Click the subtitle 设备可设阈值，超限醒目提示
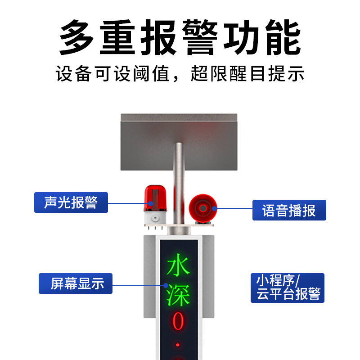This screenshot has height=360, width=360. point(180,73)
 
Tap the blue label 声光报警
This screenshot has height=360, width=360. point(71,202)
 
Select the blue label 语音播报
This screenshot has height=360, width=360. point(289,210)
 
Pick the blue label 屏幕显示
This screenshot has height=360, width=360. point(75,283)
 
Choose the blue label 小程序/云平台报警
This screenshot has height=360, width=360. point(288,288)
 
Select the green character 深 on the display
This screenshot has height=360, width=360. point(179,294)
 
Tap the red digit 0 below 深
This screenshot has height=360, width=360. point(179,321)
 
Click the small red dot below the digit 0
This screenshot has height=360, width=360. point(178,345)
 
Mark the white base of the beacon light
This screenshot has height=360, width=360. point(154,219)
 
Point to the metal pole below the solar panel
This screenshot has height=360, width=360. point(179,180)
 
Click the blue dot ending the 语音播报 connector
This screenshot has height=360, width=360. point(215,208)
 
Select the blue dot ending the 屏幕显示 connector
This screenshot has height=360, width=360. point(166,284)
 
